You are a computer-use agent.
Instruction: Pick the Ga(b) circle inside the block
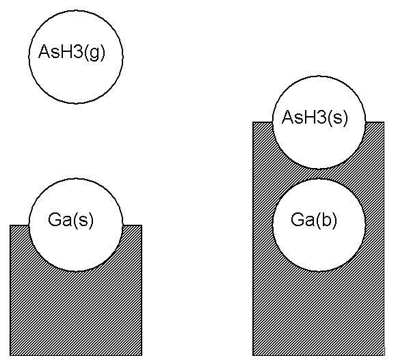point(319,226)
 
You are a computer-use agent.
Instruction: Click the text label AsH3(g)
point(68,53)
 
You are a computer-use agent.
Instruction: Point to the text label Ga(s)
point(71,220)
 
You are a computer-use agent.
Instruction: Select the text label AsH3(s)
point(315,117)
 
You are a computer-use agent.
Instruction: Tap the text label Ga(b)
point(314,220)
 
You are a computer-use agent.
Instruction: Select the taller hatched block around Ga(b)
point(319,314)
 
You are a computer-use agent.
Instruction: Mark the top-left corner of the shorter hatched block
point(10,225)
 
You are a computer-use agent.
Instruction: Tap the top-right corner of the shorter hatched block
point(142,225)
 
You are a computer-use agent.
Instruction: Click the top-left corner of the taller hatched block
point(253,122)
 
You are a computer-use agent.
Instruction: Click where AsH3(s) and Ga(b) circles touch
point(319,174)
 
